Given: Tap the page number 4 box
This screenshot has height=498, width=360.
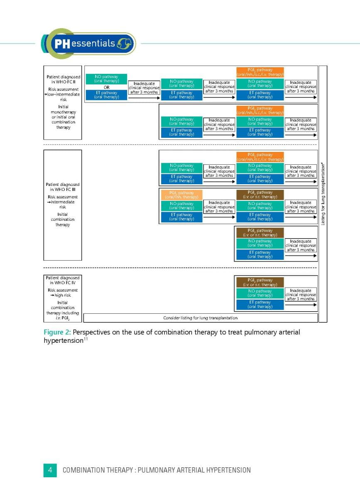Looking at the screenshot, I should pyautogui.click(x=50, y=470).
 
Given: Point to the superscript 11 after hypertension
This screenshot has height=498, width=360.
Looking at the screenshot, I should pyautogui.click(x=86, y=339).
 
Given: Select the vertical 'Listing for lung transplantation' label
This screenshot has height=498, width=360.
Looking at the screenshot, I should pyautogui.click(x=323, y=193).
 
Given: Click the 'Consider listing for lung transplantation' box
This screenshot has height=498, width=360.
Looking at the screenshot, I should pyautogui.click(x=200, y=318).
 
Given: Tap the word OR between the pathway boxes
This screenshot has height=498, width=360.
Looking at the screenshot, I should pyautogui.click(x=106, y=88).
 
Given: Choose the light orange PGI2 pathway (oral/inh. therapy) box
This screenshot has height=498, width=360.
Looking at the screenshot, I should pyautogui.click(x=181, y=195).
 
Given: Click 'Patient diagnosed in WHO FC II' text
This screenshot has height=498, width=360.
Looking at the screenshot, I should pyautogui.click(x=63, y=79).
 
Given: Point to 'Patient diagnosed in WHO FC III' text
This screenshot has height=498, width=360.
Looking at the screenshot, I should pyautogui.click(x=63, y=187).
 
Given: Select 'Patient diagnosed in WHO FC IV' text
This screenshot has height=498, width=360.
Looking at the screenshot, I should pyautogui.click(x=63, y=280).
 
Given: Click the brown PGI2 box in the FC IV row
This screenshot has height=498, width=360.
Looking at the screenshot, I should pyautogui.click(x=260, y=282).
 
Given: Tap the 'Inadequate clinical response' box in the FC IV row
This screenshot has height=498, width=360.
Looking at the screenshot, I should pyautogui.click(x=301, y=295).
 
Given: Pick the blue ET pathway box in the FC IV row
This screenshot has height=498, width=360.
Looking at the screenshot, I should pyautogui.click(x=260, y=304).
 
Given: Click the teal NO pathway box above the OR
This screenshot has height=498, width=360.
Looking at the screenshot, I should pyautogui.click(x=106, y=79).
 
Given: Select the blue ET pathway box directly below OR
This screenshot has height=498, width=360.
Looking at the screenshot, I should pyautogui.click(x=106, y=95).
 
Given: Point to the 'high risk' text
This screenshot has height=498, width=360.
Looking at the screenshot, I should pyautogui.click(x=63, y=295).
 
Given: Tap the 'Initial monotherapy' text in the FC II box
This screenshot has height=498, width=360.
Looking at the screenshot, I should pyautogui.click(x=63, y=110).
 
